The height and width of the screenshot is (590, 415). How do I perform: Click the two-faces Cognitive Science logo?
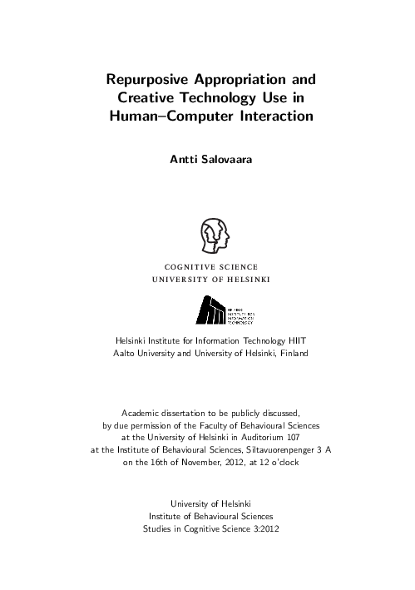click(210, 235)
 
